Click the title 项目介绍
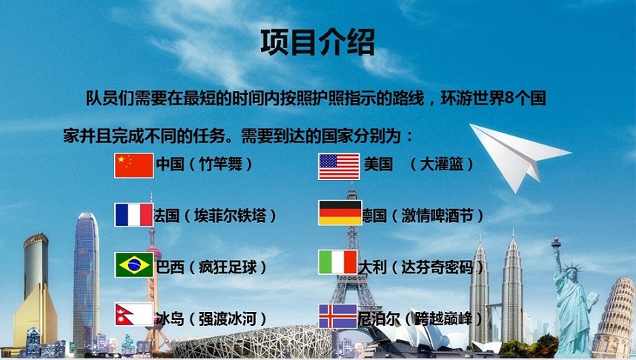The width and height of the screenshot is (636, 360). point(317,41)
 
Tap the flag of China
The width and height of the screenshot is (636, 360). point(133,165)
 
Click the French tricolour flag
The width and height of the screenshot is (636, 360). point(133,215)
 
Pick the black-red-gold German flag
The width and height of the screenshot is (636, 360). point(339,213)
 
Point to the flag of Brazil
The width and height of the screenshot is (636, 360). point(133,265)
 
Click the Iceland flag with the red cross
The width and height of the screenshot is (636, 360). point(339,316)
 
